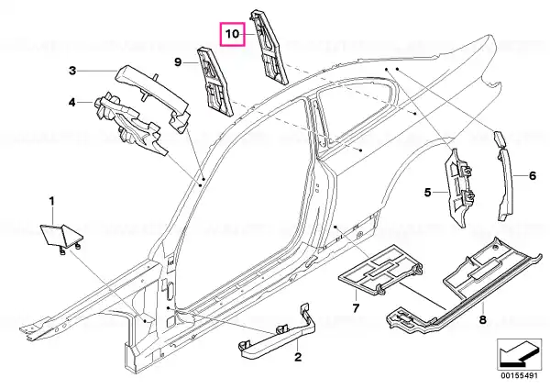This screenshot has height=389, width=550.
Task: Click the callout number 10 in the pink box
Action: tap(232, 34)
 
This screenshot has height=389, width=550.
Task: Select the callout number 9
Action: tap(178, 62)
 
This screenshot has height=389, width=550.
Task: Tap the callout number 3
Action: tap(72, 71)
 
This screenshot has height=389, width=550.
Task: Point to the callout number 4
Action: tap(71, 103)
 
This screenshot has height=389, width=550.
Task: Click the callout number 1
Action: tap(52, 202)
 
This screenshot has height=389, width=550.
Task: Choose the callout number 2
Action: tap(298, 357)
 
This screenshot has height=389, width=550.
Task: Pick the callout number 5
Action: tap(427, 193)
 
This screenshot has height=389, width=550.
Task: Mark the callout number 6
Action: tap(533, 175)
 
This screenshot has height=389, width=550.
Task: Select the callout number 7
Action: tap(356, 308)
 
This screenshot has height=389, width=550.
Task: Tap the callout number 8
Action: tap(483, 320)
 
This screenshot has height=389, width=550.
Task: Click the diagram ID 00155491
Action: tap(519, 375)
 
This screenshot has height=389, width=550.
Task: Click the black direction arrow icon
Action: tap(519, 354)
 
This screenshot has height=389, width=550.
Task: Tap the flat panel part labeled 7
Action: tap(380, 271)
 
